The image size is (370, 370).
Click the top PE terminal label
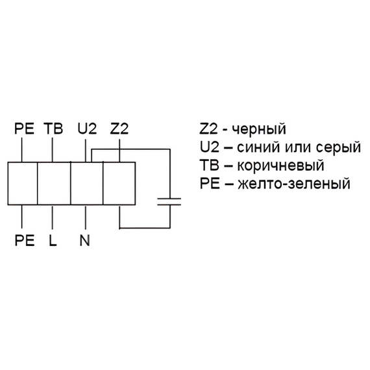click(24, 129)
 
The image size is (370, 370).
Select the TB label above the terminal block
click(53, 129)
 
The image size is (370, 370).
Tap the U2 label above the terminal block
click(87, 129)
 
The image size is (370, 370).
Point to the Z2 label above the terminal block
click(119, 129)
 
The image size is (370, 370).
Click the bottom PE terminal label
click(25, 240)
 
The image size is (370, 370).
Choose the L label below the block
click(53, 240)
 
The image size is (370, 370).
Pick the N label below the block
click(85, 240)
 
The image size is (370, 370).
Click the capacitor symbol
click(169, 202)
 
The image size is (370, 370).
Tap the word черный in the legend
click(259, 129)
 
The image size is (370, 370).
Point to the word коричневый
click(280, 166)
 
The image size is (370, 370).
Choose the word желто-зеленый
click(294, 184)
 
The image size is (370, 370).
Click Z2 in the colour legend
click(208, 129)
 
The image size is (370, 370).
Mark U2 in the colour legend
click(210, 147)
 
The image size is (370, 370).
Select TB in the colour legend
click(209, 165)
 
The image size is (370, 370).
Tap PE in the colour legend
click(210, 183)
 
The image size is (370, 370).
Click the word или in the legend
click(299, 148)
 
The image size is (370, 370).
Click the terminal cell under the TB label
click(54, 183)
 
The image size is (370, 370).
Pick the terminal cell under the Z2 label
click(119, 183)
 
